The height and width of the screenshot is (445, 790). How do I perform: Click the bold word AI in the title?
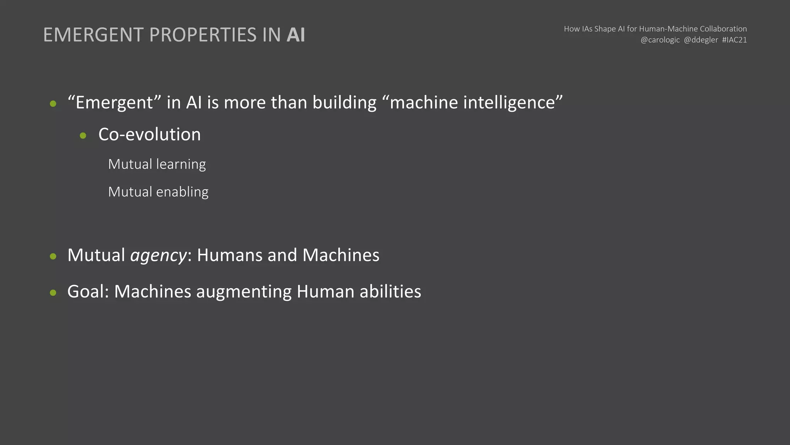[x=296, y=35]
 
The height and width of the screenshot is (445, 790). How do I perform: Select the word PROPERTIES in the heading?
[x=203, y=35]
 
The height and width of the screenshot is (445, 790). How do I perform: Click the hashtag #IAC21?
[x=734, y=40]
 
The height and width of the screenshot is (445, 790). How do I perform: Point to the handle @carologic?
[x=660, y=40]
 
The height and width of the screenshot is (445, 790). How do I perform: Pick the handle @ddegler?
[x=701, y=40]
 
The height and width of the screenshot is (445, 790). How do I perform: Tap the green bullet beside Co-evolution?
[x=83, y=136]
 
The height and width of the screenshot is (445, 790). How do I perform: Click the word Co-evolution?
[x=150, y=134]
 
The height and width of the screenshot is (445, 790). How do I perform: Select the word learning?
[x=181, y=165]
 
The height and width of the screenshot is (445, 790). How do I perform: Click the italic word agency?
[x=159, y=256]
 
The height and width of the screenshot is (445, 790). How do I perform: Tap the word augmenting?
[x=244, y=292]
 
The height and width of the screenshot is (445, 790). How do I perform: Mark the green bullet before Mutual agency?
[x=53, y=256]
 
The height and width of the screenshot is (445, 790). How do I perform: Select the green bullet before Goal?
[x=53, y=292]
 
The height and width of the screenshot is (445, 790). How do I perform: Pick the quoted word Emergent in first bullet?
[x=114, y=103]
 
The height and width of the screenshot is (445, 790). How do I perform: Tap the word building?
[x=344, y=103]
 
